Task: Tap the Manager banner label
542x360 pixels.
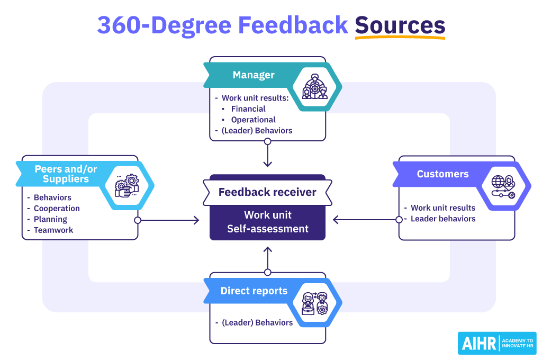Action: point(254,75)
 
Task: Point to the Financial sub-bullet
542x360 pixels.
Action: point(248,109)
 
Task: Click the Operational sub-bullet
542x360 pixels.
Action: point(253,120)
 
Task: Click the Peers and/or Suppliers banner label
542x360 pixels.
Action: point(66,174)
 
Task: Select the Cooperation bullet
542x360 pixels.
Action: point(57,209)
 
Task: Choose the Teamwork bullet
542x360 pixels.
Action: point(53,230)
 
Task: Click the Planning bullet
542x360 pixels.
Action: point(50,219)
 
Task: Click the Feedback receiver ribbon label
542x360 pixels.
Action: point(267,192)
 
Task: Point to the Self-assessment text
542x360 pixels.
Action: point(267,229)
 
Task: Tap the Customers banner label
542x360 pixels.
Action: point(442,174)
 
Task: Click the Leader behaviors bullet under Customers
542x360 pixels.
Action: point(442,219)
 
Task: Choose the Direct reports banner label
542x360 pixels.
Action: point(254,291)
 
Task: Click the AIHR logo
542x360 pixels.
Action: point(496,343)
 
